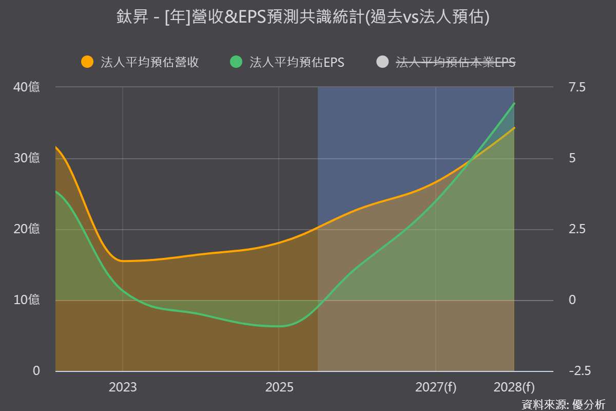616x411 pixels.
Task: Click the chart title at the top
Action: pos(303,17)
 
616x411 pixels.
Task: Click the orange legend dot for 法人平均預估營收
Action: pos(87,62)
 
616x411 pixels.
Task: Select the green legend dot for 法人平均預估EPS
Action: pos(236,62)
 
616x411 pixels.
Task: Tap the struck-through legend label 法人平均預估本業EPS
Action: pos(456,62)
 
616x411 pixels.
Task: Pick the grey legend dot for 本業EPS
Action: pos(382,62)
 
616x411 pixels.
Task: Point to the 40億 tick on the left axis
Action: pos(26,87)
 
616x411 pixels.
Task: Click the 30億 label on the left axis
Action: pos(26,158)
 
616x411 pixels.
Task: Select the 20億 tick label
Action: pos(26,229)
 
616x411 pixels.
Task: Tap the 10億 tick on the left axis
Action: pos(26,300)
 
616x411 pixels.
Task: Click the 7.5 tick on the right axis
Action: pos(577,87)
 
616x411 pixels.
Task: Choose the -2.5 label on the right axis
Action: pos(580,371)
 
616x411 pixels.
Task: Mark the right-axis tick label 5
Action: pos(572,158)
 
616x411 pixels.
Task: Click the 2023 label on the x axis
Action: pos(123,387)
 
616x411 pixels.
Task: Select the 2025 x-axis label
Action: pos(279,387)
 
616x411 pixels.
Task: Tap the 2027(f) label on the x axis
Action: pos(436,387)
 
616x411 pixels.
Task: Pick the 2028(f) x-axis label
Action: pos(514,387)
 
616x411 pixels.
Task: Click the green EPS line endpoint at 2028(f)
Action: pos(514,103)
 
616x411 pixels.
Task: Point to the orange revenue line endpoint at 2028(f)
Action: pos(514,128)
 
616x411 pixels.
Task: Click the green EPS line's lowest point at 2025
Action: pos(279,326)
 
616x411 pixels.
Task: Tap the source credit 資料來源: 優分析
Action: pos(563,405)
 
